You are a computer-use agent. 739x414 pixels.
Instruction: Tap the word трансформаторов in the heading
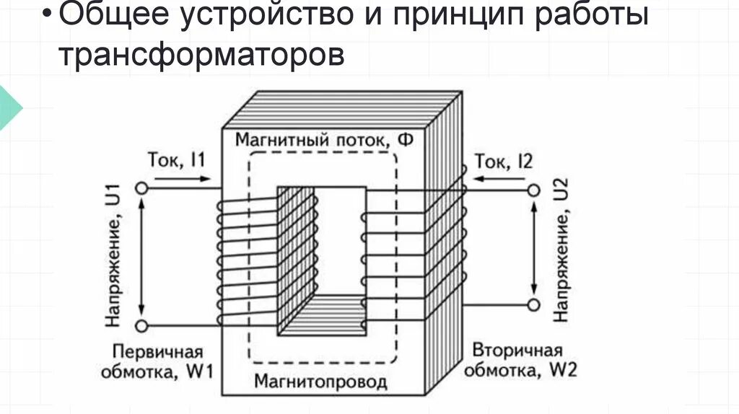pyautogui.click(x=202, y=54)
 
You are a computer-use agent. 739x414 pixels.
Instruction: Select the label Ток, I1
pyautogui.click(x=176, y=159)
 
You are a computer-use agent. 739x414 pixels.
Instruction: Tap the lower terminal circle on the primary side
pyautogui.click(x=141, y=326)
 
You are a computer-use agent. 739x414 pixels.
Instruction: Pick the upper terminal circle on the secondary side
pyautogui.click(x=534, y=190)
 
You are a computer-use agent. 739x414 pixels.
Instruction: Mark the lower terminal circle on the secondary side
pyautogui.click(x=534, y=304)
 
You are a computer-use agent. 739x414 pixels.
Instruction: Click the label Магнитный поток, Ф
pyautogui.click(x=325, y=140)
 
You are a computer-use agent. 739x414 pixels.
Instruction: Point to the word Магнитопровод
pyautogui.click(x=320, y=382)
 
